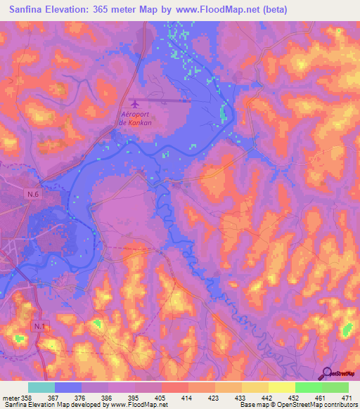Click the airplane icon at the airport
point(134,103)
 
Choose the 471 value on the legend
point(346,398)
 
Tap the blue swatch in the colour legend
point(68,387)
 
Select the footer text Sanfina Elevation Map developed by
point(49,405)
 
